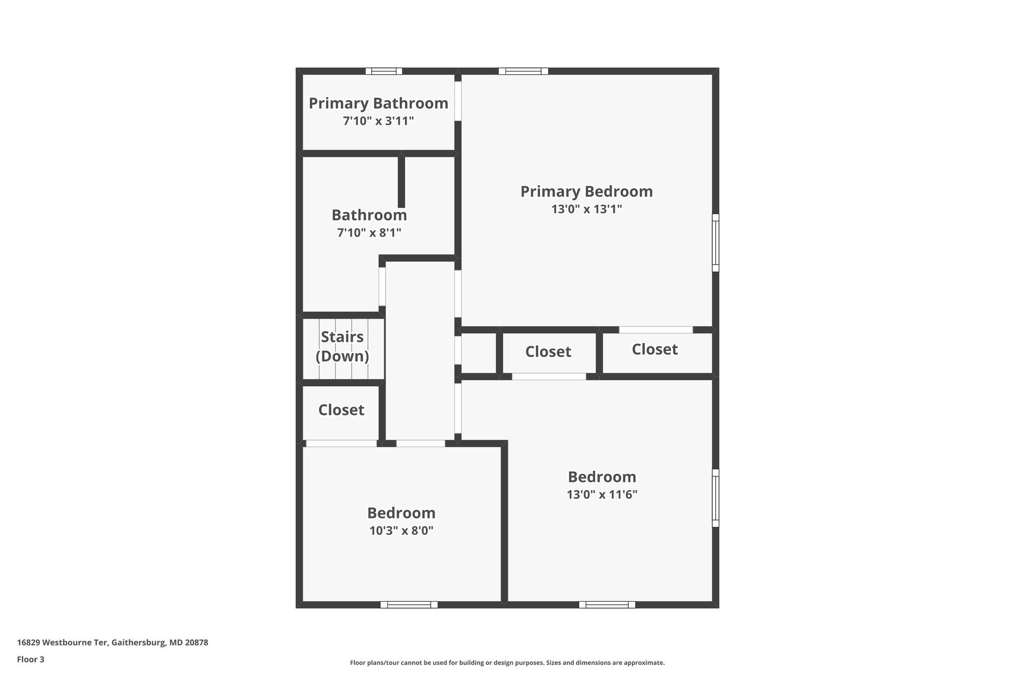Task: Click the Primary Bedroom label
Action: pyautogui.click(x=586, y=192)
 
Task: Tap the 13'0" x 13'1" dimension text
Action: pyautogui.click(x=586, y=209)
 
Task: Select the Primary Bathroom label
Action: pyautogui.click(x=378, y=104)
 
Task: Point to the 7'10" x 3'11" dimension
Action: pyautogui.click(x=378, y=121)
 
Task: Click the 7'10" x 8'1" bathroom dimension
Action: pyautogui.click(x=369, y=233)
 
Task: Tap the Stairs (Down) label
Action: pyautogui.click(x=342, y=347)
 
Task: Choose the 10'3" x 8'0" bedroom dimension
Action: pyautogui.click(x=401, y=531)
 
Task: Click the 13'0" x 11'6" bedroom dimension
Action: pyautogui.click(x=602, y=495)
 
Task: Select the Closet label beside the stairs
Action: pyautogui.click(x=341, y=410)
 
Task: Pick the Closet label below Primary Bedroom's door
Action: pyautogui.click(x=655, y=350)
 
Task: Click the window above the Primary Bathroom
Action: pyautogui.click(x=384, y=71)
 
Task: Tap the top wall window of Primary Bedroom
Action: pyautogui.click(x=523, y=71)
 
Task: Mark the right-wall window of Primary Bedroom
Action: pyautogui.click(x=715, y=243)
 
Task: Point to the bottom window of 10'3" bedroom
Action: pyautogui.click(x=409, y=604)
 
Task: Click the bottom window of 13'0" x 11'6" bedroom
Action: pyautogui.click(x=607, y=604)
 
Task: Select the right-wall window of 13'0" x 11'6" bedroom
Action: pyautogui.click(x=715, y=498)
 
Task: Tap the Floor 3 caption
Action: pyautogui.click(x=31, y=660)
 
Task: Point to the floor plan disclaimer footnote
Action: pyautogui.click(x=507, y=663)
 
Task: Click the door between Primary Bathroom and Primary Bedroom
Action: pyautogui.click(x=458, y=101)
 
